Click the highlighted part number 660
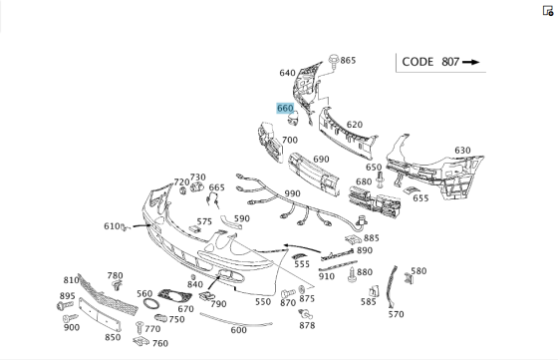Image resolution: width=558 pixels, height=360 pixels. point(285,109)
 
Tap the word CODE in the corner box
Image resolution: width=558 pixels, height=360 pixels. point(418,62)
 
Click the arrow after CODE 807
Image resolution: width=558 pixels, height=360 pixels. point(470,62)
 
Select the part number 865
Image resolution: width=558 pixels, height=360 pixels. point(348,61)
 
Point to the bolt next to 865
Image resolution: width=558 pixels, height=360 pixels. point(334,61)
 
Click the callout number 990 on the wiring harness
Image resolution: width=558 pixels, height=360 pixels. point(293,193)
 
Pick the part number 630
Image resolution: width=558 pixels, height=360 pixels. point(462,151)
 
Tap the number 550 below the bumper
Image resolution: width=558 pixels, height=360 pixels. point(263,302)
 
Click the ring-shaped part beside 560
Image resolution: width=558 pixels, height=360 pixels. point(151,305)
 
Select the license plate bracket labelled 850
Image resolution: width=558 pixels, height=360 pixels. point(100,314)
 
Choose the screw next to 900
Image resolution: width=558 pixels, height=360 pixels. point(70,318)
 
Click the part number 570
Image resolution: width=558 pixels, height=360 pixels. point(397,314)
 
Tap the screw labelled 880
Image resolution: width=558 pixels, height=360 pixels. point(352,275)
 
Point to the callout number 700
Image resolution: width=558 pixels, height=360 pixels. point(290,141)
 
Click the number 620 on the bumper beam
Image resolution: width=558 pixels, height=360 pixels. point(355,125)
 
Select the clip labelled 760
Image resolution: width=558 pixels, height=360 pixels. point(141,341)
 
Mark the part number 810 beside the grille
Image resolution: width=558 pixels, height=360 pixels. point(71,280)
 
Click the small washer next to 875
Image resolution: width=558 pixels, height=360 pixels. point(302,289)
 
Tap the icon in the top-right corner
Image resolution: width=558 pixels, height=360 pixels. point(548,11)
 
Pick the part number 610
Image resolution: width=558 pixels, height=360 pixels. point(112,226)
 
